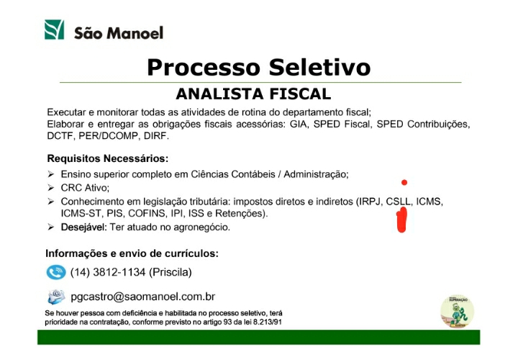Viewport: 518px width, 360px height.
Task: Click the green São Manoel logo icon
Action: point(54,30)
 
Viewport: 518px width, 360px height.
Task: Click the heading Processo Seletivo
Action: point(259,67)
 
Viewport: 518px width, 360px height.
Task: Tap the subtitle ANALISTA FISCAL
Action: point(253,94)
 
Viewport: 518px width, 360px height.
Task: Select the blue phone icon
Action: point(56,272)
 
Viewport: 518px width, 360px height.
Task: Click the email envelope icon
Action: point(56,297)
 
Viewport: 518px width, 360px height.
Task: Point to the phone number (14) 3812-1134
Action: point(108,272)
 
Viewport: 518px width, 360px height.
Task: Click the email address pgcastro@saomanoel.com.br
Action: point(142,297)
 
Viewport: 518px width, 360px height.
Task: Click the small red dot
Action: point(404,182)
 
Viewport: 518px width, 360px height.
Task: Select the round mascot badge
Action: point(458,312)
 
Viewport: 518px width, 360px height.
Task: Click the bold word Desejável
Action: point(84,228)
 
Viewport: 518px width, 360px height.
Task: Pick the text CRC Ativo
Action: point(84,188)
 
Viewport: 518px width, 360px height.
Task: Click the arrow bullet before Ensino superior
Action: point(50,174)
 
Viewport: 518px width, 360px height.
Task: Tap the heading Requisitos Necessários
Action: point(108,158)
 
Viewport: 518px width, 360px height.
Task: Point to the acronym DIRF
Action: point(156,136)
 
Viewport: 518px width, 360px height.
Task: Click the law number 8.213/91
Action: point(267,322)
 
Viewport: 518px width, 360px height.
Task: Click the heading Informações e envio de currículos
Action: point(132,253)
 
